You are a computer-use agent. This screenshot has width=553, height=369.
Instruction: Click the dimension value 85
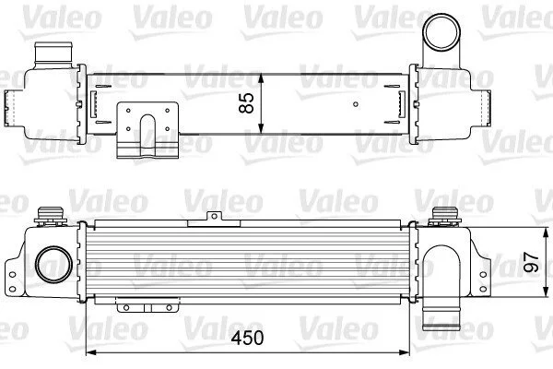[246, 102]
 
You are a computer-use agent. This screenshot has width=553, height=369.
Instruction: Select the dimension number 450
[247, 338]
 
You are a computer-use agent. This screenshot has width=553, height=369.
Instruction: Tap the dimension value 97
[531, 262]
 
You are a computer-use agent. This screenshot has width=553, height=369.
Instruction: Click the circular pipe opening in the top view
[441, 32]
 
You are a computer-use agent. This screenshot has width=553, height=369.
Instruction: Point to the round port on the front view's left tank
[53, 264]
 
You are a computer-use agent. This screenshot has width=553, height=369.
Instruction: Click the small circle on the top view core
[356, 104]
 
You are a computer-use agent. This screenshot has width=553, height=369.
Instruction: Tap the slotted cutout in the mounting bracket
[147, 135]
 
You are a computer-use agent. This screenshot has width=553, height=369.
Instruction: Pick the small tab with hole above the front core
[214, 219]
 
